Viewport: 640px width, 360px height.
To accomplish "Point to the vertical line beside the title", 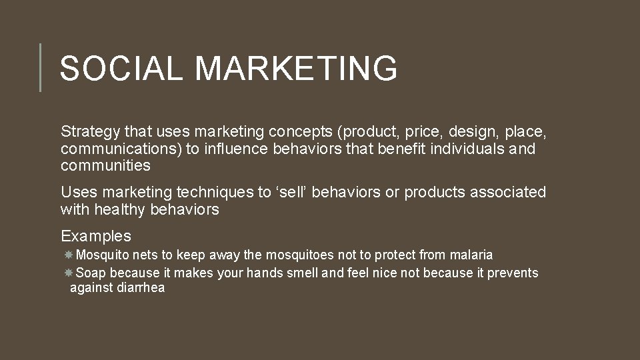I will click(40, 67).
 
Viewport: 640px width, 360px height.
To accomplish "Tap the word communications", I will click(121, 149).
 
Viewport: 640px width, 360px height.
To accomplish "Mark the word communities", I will click(105, 165).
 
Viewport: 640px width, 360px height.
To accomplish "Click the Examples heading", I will click(96, 236).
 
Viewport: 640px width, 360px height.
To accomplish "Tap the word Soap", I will click(91, 273).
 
